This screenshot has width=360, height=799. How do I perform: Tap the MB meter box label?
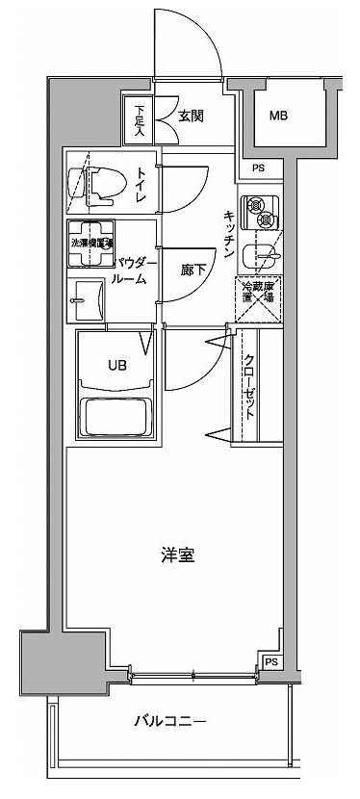tap(278, 116)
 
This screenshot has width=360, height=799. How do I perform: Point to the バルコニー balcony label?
tap(170, 720)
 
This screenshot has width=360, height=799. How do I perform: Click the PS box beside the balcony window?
tap(270, 663)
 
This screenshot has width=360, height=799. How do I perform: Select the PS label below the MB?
tap(257, 168)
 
